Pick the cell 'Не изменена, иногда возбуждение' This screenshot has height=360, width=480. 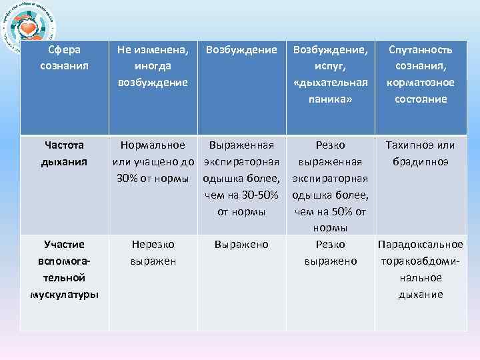click(x=152, y=65)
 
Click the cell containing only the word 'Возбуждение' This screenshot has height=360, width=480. click(x=241, y=49)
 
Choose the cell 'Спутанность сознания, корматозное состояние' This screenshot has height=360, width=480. click(x=421, y=74)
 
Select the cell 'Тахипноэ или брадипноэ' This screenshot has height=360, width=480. click(x=421, y=153)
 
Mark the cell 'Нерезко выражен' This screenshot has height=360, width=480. click(x=153, y=253)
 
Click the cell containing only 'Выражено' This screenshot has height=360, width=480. click(x=241, y=245)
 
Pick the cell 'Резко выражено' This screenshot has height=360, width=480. click(x=330, y=253)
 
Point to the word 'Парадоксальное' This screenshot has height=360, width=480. click(x=421, y=245)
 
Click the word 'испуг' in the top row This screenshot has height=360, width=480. click(x=330, y=66)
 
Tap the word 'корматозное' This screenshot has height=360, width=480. click(x=421, y=82)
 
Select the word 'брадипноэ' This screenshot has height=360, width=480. click(x=421, y=161)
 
